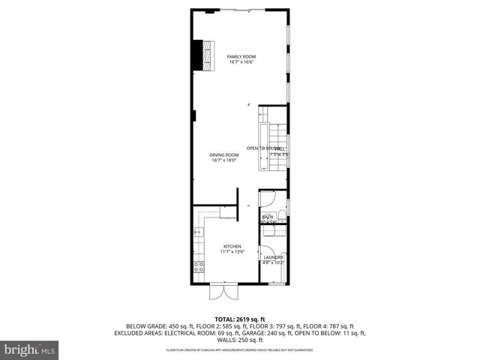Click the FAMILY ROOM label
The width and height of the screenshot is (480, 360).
[241, 57]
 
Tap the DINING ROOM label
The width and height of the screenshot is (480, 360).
[225, 154]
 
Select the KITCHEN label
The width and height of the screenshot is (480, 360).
[231, 247]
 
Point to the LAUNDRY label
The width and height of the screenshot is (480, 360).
[273, 257]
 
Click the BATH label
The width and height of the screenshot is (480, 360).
[267, 217]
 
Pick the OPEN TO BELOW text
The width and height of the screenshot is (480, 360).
[263, 148]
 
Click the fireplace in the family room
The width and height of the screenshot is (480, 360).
[200, 54]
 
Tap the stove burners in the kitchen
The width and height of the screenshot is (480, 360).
[199, 265]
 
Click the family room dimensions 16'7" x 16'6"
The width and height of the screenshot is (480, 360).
[241, 62]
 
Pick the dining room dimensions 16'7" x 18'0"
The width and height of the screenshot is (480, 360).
[225, 160]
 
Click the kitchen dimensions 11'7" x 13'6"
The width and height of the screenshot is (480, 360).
[231, 252]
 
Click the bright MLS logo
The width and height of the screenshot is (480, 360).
[29, 349]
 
